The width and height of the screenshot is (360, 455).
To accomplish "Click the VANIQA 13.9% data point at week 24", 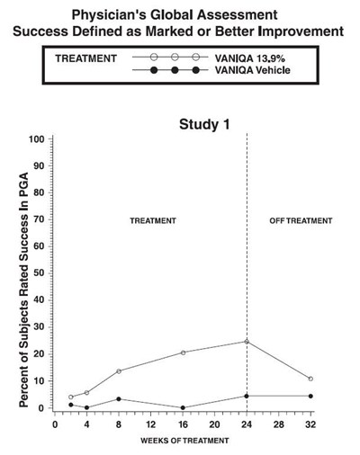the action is [x=247, y=342].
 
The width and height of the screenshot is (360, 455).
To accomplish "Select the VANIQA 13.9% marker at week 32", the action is [x=310, y=379].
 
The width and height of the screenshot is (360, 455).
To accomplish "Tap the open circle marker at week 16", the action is [x=183, y=352].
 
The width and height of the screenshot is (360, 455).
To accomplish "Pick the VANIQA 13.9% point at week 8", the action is [x=119, y=371].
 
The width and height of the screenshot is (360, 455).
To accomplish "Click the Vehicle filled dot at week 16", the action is [x=183, y=407].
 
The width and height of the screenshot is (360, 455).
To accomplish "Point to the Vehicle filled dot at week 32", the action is [x=310, y=396].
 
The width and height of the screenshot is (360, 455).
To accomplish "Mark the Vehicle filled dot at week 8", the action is [x=119, y=399].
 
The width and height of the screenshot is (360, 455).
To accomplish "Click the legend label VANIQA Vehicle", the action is [x=253, y=70].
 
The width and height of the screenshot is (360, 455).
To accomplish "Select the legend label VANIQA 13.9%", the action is [x=249, y=58].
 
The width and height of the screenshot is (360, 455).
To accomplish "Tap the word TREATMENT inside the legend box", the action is [x=85, y=58].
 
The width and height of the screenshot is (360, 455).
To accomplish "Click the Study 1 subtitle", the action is [x=204, y=124].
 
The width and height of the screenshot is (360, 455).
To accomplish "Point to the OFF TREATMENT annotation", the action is [x=301, y=221].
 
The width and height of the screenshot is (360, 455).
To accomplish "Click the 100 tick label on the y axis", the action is [x=37, y=139].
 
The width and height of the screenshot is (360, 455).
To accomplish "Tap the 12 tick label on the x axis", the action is [x=150, y=424].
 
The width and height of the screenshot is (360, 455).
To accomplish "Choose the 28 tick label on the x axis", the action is [x=278, y=424].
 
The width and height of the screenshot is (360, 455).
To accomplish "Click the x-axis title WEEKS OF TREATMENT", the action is [x=184, y=441].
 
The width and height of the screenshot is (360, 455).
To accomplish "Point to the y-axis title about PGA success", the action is [x=23, y=290].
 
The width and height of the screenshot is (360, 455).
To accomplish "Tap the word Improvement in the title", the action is [x=301, y=31].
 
